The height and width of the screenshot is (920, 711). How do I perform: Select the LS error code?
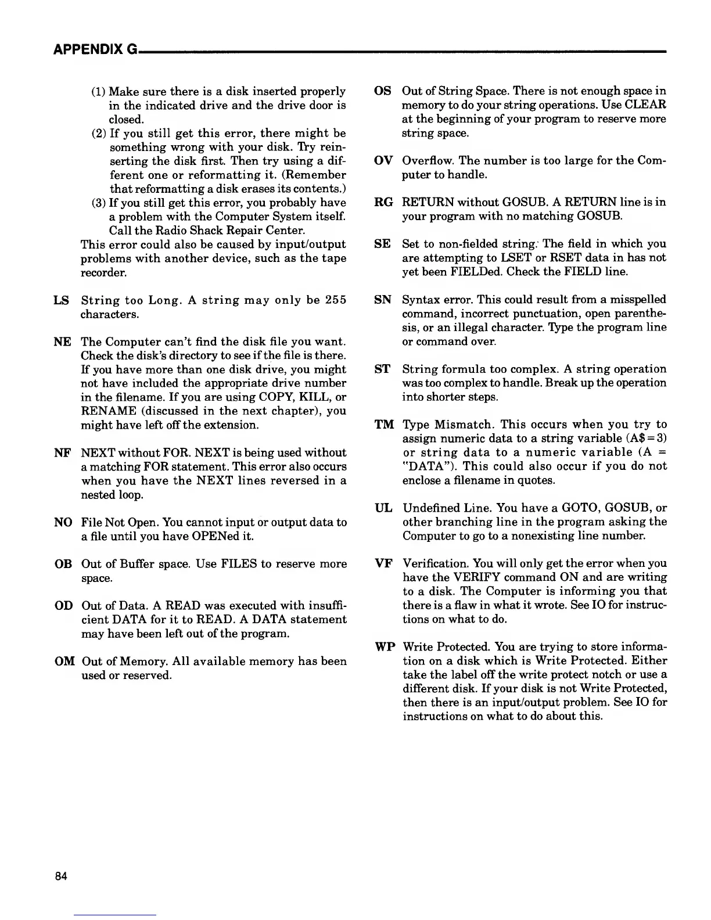coord(61,300)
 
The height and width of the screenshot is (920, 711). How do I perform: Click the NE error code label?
coord(62,342)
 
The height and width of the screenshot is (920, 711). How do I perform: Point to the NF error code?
coord(62,452)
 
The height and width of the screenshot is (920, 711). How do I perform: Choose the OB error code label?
coord(63,564)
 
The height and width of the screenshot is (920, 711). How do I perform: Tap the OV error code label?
coord(383,160)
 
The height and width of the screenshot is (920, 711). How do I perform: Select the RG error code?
coord(383,202)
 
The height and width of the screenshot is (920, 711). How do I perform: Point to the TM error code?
coord(383,425)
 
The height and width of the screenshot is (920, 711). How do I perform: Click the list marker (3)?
coord(99,203)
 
